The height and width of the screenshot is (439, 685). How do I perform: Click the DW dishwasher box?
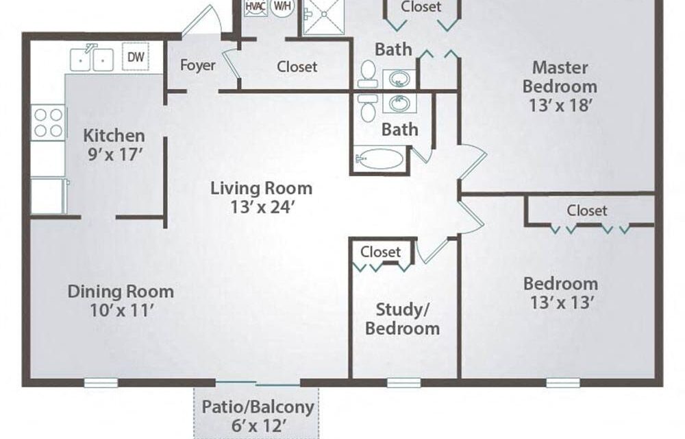136,56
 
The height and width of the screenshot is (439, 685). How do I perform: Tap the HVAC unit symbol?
256,7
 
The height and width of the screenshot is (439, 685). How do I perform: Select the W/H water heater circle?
282,7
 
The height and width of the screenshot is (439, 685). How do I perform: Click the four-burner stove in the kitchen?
48,123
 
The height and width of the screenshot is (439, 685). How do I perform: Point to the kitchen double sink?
92,58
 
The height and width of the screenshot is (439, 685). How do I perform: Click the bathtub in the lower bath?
379,159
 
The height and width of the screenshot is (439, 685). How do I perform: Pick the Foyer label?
198,65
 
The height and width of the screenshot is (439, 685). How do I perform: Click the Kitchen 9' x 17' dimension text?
114,154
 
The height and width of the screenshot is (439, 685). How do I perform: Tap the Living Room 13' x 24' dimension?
261,207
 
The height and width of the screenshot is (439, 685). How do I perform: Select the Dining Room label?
121,292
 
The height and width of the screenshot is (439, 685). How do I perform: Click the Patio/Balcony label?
258,407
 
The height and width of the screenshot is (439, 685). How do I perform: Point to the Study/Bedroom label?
402,319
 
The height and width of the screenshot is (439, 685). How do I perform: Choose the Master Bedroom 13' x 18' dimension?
560,105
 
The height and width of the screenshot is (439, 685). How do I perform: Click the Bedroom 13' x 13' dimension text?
562,302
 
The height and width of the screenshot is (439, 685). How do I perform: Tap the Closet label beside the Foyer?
297,67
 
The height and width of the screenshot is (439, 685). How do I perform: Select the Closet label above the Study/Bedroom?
380,252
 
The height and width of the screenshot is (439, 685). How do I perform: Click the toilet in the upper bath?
368,74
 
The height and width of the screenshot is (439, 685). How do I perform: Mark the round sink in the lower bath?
399,104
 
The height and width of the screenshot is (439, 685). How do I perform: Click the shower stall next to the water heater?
324,16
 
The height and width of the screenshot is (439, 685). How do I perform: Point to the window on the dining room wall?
101,383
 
